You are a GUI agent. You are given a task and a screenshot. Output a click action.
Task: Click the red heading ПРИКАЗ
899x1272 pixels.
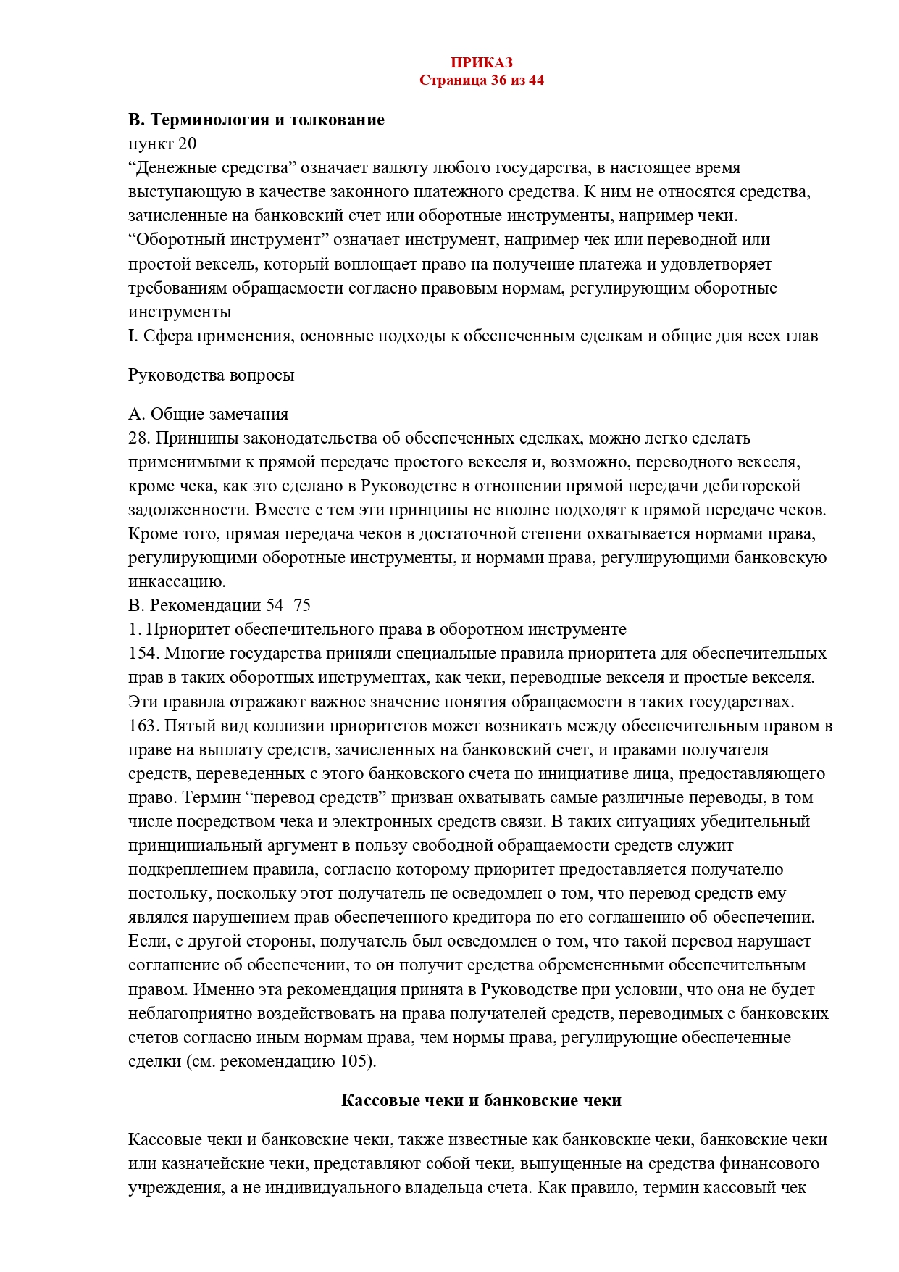pyautogui.click(x=481, y=63)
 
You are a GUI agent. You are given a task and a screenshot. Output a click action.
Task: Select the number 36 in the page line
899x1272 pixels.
pyautogui.click(x=498, y=80)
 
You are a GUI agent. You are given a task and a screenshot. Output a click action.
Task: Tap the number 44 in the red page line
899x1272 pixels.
pyautogui.click(x=536, y=80)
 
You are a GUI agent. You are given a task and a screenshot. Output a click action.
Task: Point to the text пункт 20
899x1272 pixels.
pyautogui.click(x=162, y=144)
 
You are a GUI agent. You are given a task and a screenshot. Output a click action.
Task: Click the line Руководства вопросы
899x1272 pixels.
pyautogui.click(x=212, y=375)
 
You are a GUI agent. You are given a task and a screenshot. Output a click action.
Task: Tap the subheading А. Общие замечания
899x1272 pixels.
pyautogui.click(x=209, y=414)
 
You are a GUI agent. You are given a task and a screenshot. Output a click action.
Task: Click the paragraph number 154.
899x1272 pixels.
pyautogui.click(x=143, y=654)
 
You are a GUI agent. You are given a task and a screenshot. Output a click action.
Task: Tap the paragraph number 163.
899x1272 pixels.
pyautogui.click(x=143, y=726)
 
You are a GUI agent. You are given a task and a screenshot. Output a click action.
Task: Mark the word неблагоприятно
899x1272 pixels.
pyautogui.click(x=188, y=1013)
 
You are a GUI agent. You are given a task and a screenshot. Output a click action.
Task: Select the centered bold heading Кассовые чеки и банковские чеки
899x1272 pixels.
pyautogui.click(x=481, y=1101)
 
